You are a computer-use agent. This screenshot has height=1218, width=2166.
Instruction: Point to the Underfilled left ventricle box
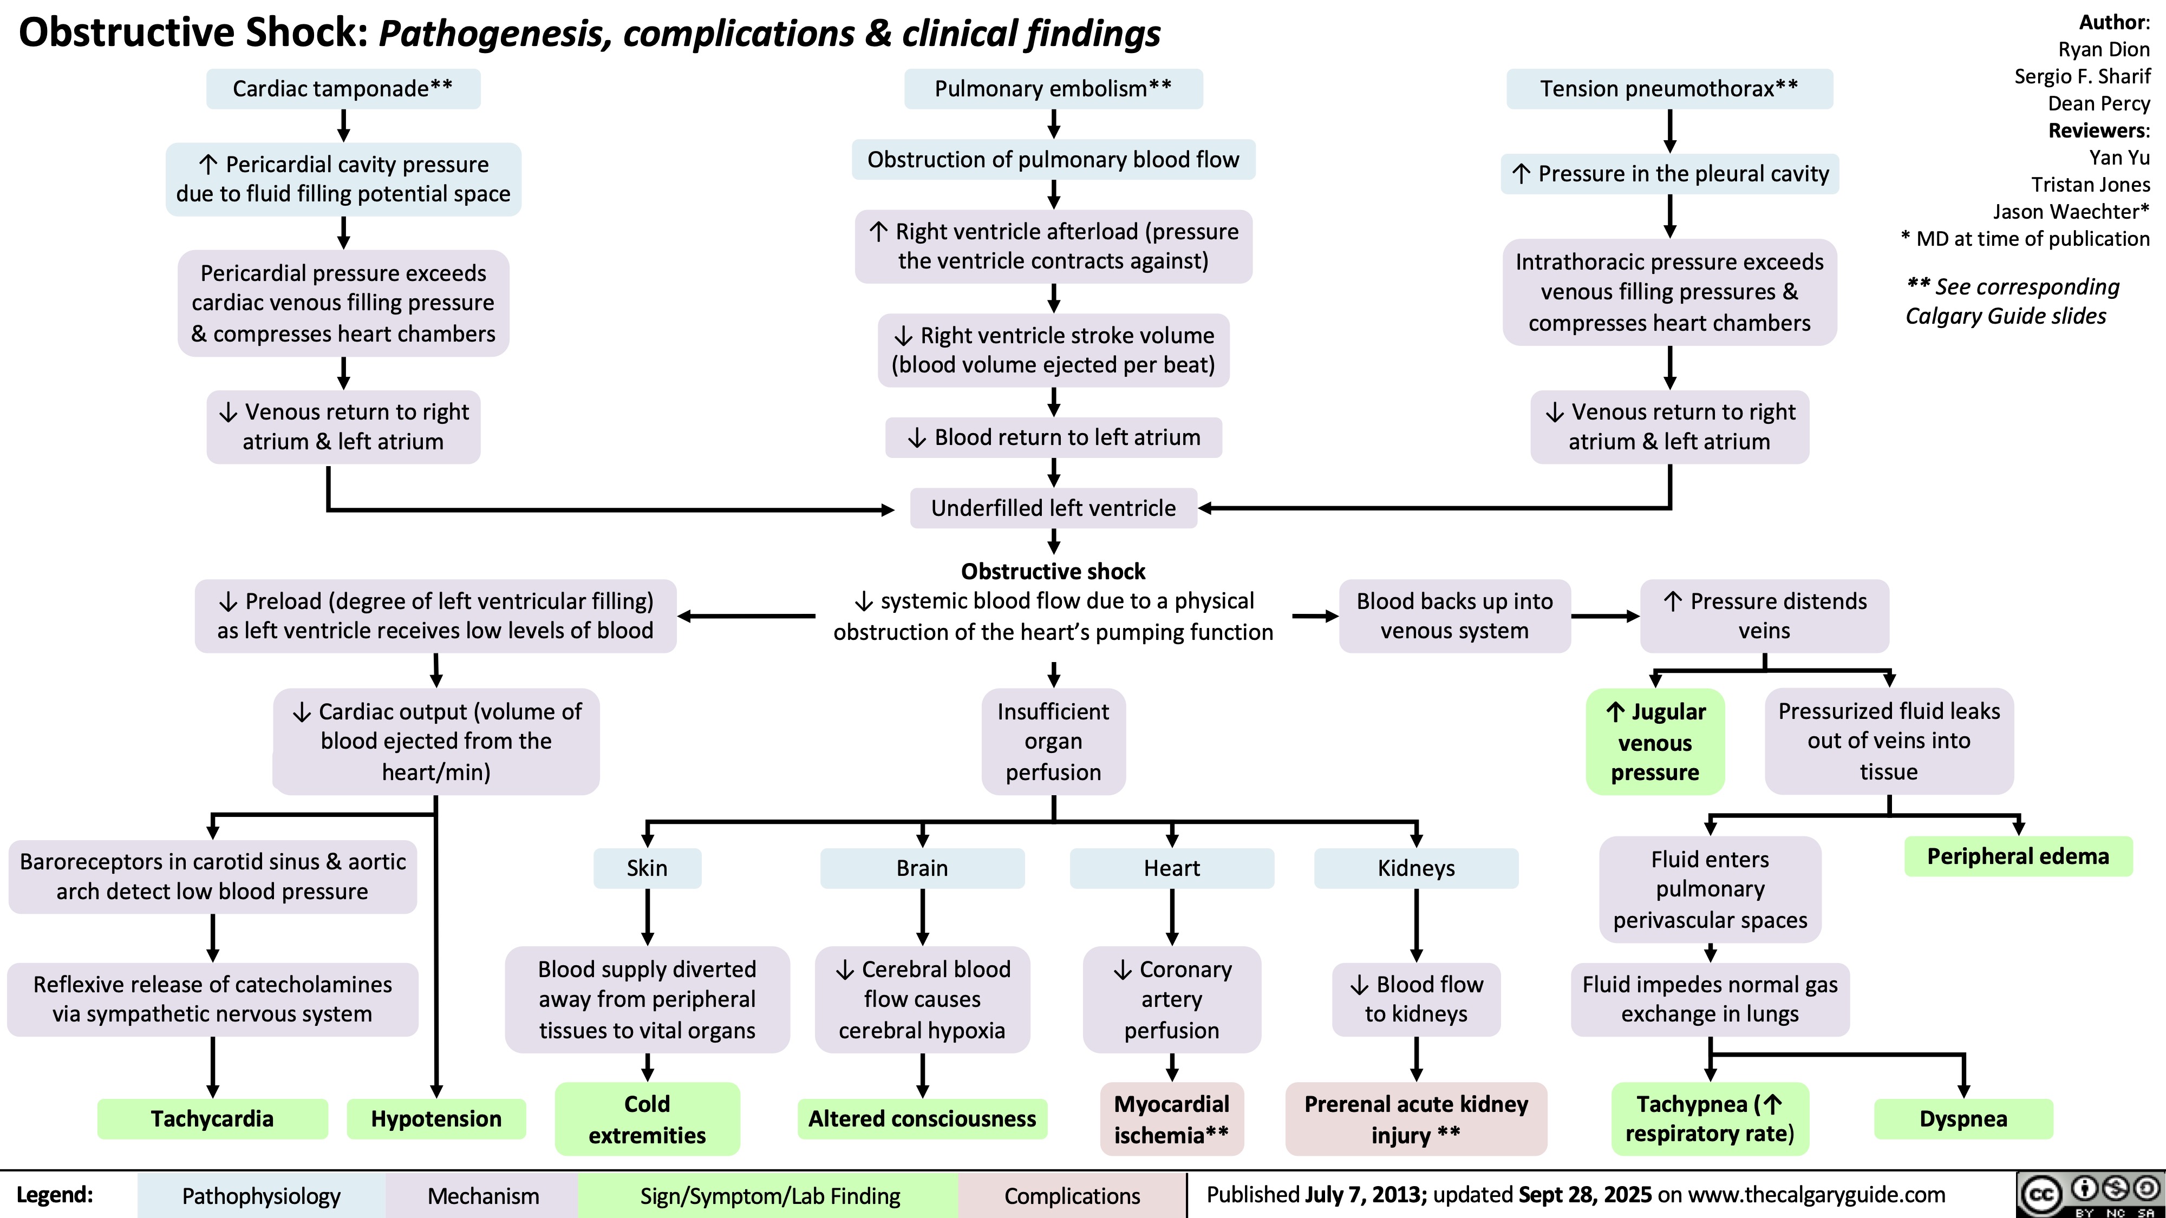point(1053,508)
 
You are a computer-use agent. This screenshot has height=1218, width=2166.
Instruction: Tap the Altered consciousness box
point(922,1119)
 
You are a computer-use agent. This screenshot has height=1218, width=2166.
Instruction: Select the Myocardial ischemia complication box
point(1171,1119)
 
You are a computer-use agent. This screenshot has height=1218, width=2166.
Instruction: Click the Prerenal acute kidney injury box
point(1416,1119)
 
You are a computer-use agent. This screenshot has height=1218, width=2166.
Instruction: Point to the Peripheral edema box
point(2018,856)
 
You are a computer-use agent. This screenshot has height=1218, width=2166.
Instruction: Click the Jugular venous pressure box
point(1655,742)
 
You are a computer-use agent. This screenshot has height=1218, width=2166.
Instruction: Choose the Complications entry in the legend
point(1072,1195)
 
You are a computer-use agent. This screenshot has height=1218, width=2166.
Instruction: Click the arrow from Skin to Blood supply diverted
point(648,917)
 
